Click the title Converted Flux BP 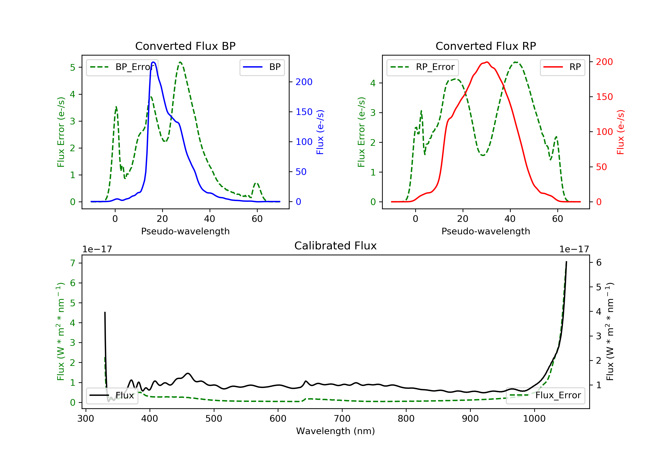click(185, 46)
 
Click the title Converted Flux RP click(486, 46)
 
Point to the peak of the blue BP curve click(153, 62)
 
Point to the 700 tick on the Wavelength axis click(342, 419)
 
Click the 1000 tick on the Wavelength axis click(534, 419)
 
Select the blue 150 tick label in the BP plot click(304, 112)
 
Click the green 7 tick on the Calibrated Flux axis click(73, 263)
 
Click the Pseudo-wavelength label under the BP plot click(185, 231)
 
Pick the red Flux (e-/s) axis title click(621, 132)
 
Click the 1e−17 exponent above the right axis click(574, 249)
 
